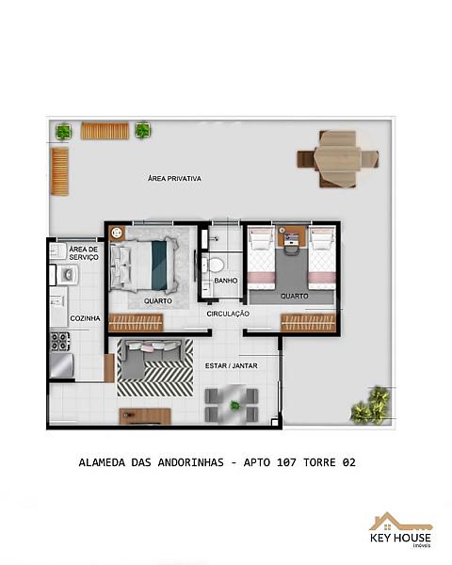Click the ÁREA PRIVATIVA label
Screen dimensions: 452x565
[x=174, y=178]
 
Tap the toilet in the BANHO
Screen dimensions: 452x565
[x=217, y=265]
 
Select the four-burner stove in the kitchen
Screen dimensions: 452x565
[x=60, y=341]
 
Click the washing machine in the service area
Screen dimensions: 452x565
[x=68, y=275]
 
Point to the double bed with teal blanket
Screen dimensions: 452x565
[x=144, y=266]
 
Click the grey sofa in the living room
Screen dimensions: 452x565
[x=150, y=358]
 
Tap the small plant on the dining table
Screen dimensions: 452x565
[x=235, y=405]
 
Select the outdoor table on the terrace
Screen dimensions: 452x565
[x=338, y=159]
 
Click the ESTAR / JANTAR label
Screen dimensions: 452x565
[x=232, y=365]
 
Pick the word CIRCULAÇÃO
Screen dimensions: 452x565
[x=228, y=314]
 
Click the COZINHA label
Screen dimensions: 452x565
[x=85, y=318]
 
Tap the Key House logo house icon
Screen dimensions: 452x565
[x=400, y=522]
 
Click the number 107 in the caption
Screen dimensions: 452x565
[x=286, y=462]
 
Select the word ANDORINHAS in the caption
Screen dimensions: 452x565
[x=190, y=462]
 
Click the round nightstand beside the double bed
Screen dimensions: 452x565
[x=117, y=234]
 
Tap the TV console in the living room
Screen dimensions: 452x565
[x=145, y=416]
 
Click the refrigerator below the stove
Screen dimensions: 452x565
[x=61, y=365]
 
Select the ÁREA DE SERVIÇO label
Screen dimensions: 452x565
[x=84, y=253]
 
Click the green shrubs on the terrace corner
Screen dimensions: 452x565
[x=371, y=405]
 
